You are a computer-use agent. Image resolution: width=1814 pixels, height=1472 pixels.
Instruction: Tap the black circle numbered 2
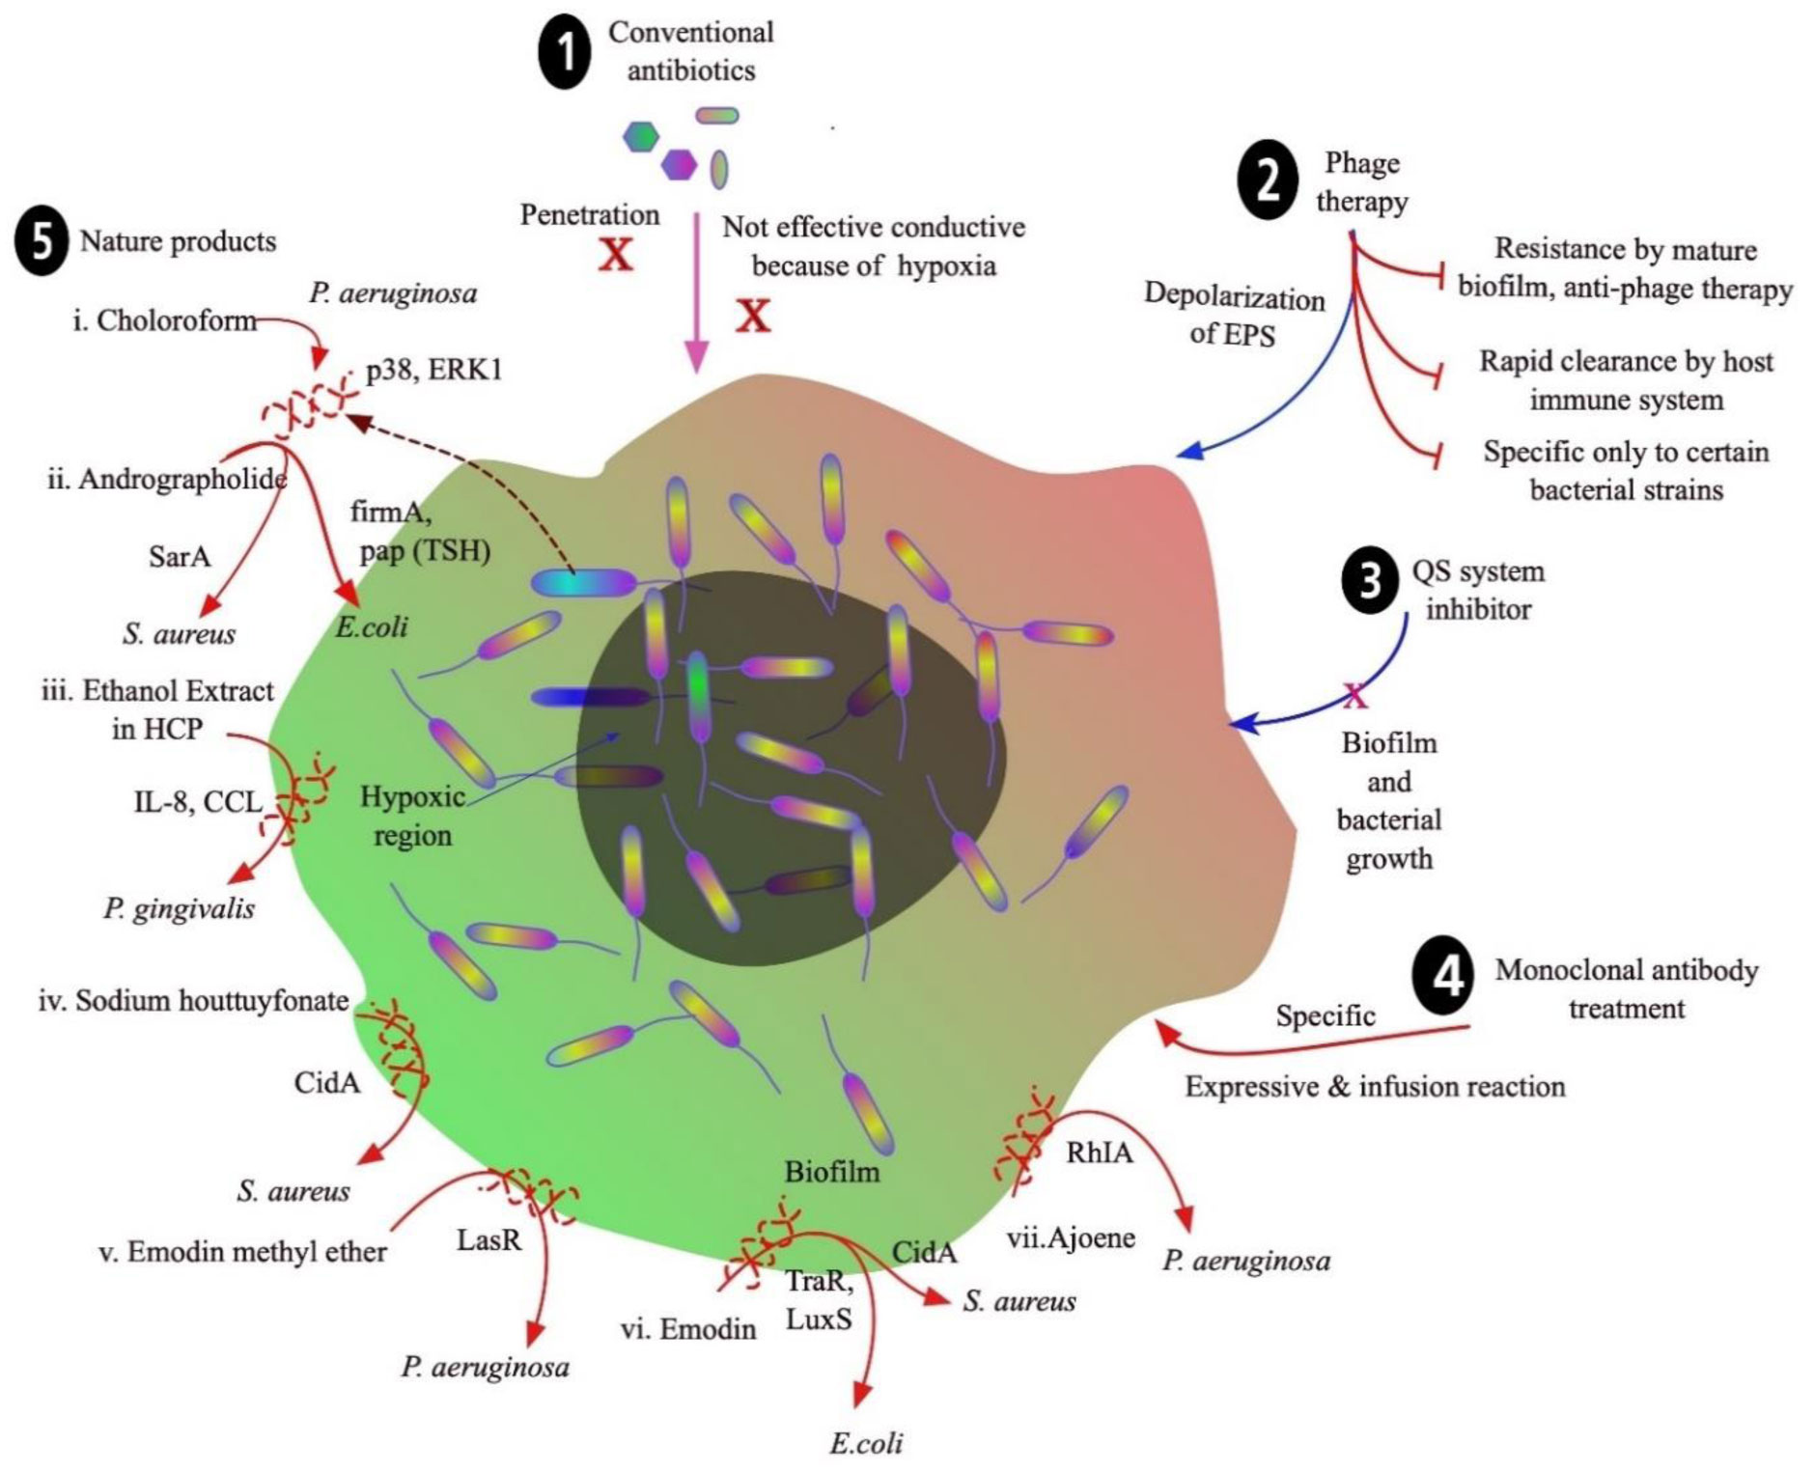(1268, 181)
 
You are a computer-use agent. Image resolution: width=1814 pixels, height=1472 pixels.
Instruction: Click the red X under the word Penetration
(615, 254)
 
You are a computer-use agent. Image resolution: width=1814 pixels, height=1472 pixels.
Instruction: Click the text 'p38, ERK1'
(434, 370)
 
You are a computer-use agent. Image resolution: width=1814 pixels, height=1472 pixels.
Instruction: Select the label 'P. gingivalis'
(180, 907)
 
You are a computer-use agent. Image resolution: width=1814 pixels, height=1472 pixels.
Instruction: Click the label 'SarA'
(180, 556)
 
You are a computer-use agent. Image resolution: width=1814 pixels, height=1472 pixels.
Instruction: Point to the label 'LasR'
(488, 1238)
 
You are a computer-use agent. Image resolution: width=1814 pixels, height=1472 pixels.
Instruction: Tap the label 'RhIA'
(1100, 1152)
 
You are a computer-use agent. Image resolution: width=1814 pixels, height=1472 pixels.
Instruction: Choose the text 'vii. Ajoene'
(1071, 1236)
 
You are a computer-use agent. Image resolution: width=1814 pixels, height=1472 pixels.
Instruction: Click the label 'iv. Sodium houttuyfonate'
(193, 1000)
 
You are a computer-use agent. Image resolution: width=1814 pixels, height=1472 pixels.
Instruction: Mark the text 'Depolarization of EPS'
(1234, 315)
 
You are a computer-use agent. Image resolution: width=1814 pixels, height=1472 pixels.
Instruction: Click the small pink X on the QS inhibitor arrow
(1355, 696)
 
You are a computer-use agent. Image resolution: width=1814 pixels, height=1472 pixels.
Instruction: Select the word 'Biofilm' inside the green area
(832, 1172)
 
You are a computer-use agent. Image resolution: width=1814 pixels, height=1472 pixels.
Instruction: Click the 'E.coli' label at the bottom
(866, 1442)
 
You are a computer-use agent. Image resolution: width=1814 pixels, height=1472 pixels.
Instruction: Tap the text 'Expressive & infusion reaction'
(1375, 1087)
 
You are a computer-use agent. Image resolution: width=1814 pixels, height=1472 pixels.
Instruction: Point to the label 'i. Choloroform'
(165, 319)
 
